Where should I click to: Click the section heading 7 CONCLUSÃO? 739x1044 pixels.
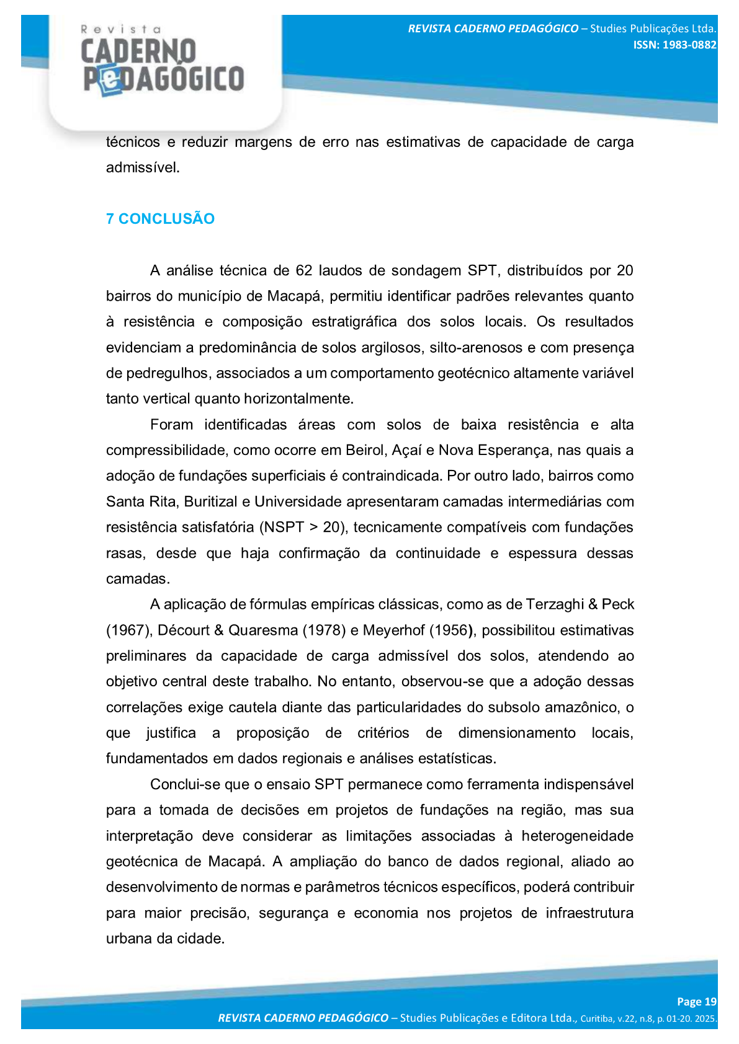(160, 219)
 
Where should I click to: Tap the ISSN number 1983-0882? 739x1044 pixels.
(689, 45)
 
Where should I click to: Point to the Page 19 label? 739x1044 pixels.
(696, 1001)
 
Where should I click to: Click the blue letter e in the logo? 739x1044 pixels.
(110, 81)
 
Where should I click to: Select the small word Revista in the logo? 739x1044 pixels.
(121, 29)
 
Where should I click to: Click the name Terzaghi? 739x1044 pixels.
(554, 604)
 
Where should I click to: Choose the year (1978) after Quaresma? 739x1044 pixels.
(324, 630)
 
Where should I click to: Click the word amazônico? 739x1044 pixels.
(581, 707)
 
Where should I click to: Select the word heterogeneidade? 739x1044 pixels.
(577, 836)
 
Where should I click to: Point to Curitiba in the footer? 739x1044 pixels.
(597, 1019)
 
